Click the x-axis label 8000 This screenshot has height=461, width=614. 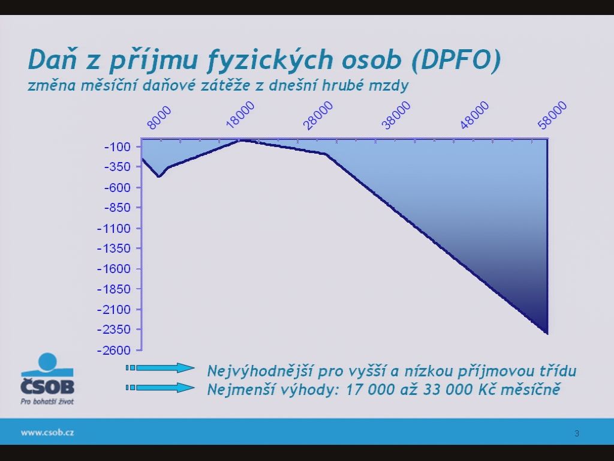(x=159, y=118)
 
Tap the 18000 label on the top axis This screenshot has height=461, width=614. (x=240, y=115)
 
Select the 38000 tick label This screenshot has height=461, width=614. (x=397, y=115)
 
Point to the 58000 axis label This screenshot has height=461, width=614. (x=552, y=115)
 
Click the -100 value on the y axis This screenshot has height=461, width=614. (x=117, y=148)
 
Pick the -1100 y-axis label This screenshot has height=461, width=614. (x=114, y=229)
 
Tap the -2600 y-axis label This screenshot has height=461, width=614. (x=114, y=350)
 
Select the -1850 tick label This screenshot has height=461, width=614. (x=114, y=289)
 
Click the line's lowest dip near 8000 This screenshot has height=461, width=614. (x=159, y=176)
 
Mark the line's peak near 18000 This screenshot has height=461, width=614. (x=242, y=140)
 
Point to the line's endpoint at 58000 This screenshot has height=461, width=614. (x=547, y=333)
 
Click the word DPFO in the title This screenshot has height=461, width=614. (x=456, y=59)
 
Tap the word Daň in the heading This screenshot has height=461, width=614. (x=53, y=59)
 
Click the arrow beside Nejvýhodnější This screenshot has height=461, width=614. (x=160, y=368)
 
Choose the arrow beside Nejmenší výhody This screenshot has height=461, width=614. (x=160, y=388)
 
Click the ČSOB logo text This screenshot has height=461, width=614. (x=47, y=386)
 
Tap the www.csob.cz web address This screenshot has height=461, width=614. (x=47, y=432)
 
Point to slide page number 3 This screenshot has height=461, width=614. (x=577, y=433)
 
